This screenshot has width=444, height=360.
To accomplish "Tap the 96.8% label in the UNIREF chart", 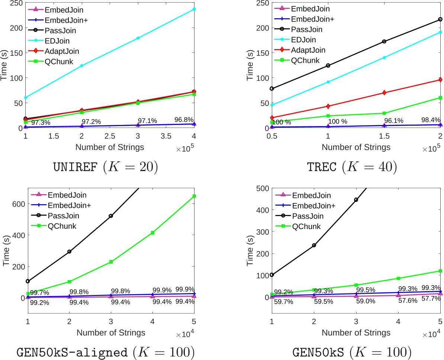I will (x=184, y=120).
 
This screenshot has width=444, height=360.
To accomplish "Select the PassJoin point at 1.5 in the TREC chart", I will (x=384, y=41).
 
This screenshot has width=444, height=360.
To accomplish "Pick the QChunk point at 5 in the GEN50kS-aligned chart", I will (x=194, y=196).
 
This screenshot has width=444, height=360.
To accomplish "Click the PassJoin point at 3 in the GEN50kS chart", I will (x=356, y=200).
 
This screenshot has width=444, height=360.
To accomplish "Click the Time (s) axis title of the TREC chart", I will (x=249, y=65).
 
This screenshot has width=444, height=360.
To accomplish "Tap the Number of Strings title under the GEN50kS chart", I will (x=356, y=332).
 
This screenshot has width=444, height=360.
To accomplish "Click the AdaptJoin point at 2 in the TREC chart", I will (x=440, y=80).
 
